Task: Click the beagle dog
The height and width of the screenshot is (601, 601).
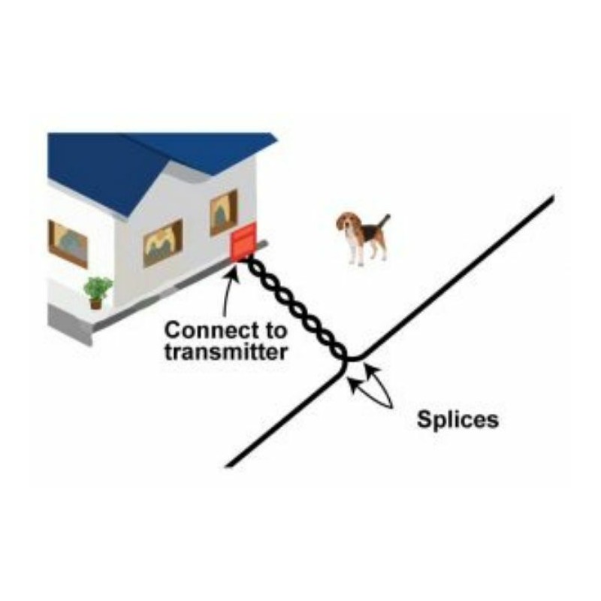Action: (x=362, y=238)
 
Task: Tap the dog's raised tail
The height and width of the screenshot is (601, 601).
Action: (x=384, y=223)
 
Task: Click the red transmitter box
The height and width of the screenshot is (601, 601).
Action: (x=243, y=243)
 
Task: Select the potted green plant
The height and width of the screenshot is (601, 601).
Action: (x=98, y=292)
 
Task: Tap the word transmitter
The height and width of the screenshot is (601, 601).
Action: (x=226, y=352)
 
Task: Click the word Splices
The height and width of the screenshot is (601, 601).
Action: (x=458, y=420)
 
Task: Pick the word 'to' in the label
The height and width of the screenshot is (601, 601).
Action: (x=274, y=331)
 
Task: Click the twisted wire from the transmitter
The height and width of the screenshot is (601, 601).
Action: (x=296, y=308)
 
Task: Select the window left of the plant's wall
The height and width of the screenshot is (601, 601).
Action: (x=68, y=243)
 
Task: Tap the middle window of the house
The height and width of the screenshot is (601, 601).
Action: (x=163, y=243)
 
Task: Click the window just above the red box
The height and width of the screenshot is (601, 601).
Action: (x=223, y=212)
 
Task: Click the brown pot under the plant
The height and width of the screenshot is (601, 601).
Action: (x=96, y=304)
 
